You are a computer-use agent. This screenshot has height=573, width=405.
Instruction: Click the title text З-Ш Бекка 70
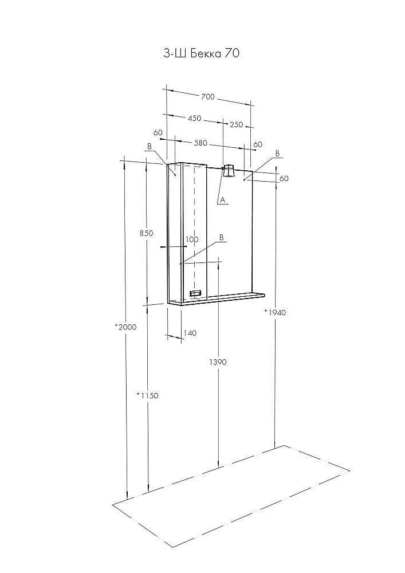pyautogui.click(x=201, y=53)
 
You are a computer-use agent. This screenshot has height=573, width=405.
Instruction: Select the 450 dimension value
pyautogui.click(x=194, y=118)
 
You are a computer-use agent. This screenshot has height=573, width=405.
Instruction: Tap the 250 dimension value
pyautogui.click(x=236, y=124)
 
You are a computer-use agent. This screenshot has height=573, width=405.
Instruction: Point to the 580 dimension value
pyautogui.click(x=200, y=143)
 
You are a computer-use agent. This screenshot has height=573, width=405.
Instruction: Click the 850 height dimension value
pyautogui.click(x=146, y=233)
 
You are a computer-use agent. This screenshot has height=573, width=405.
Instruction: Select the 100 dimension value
pyautogui.click(x=192, y=240)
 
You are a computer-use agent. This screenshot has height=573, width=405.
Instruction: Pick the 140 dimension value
pyautogui.click(x=190, y=333)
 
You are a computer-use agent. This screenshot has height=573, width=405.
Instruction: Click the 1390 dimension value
pyautogui.click(x=218, y=362)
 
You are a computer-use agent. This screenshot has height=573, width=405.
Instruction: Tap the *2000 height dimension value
pyautogui.click(x=125, y=327)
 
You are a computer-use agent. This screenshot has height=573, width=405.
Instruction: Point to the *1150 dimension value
pyautogui.click(x=147, y=395)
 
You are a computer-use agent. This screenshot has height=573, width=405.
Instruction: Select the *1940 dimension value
pyautogui.click(x=274, y=312)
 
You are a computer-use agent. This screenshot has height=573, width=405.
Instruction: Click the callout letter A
pyautogui.click(x=222, y=200)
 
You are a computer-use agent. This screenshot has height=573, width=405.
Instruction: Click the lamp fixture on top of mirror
pyautogui.click(x=229, y=171)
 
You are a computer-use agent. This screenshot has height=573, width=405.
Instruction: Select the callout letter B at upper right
pyautogui.click(x=277, y=154)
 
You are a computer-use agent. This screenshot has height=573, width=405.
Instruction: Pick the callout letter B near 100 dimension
pyautogui.click(x=221, y=237)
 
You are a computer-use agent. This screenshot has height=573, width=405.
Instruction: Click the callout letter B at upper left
pyautogui.click(x=149, y=147)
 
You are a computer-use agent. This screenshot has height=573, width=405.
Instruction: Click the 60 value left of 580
pyautogui.click(x=158, y=133)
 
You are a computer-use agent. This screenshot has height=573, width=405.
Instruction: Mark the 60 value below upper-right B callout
pyautogui.click(x=284, y=178)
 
